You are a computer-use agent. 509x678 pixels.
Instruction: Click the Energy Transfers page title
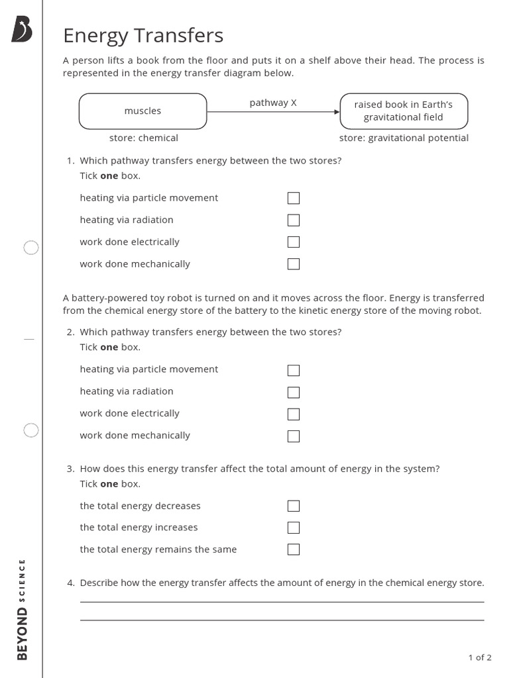click(x=143, y=36)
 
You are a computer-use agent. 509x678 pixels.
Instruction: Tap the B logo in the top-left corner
click(x=22, y=30)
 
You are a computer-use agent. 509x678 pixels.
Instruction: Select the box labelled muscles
click(x=143, y=111)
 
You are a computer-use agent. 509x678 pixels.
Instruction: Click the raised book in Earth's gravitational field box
click(x=404, y=111)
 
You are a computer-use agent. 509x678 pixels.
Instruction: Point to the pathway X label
click(x=273, y=103)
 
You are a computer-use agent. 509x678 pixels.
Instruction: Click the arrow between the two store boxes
click(x=273, y=112)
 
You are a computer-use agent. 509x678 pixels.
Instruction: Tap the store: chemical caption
click(x=144, y=138)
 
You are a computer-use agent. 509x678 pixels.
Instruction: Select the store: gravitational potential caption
click(x=404, y=138)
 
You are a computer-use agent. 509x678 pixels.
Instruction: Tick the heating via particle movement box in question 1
click(x=294, y=198)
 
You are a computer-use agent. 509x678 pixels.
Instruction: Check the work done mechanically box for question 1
click(x=294, y=264)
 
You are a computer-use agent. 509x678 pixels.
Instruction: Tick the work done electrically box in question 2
click(x=294, y=414)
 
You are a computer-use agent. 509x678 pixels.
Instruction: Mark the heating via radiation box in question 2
click(x=294, y=392)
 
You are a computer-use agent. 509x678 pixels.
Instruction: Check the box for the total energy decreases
click(x=294, y=506)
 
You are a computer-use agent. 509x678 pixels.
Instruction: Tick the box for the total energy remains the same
click(x=294, y=550)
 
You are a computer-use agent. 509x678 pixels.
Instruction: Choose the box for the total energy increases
click(x=294, y=528)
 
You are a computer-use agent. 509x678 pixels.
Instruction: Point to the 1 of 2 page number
click(x=480, y=657)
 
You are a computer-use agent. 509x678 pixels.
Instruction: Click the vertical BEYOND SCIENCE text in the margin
click(x=23, y=609)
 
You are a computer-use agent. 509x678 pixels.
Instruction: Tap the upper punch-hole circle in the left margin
click(x=31, y=248)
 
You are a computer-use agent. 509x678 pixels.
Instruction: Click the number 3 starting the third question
click(x=70, y=469)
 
